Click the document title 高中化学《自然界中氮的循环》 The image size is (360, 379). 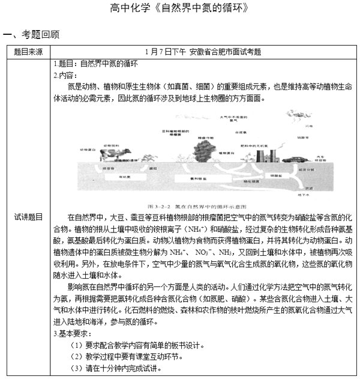(x=180, y=8)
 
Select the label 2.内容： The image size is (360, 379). (x=65, y=75)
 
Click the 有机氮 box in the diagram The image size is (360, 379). (x=125, y=178)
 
